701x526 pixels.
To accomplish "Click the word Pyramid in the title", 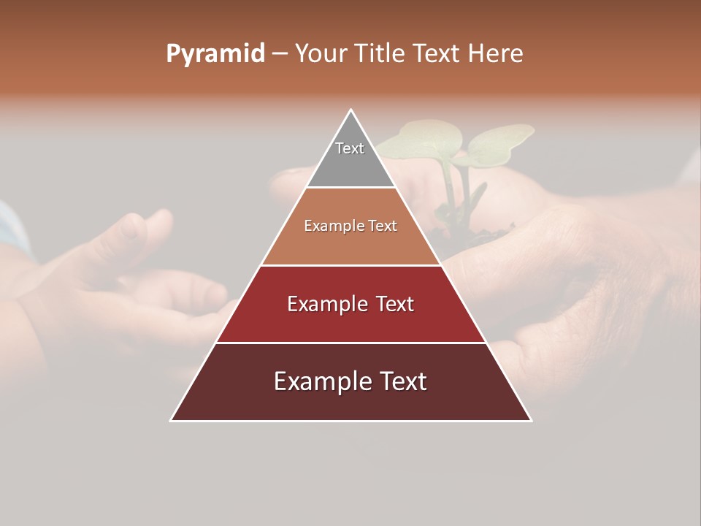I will point(215,54).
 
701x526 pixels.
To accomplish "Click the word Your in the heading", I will point(321,54).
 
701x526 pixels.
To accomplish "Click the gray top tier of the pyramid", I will point(350,164).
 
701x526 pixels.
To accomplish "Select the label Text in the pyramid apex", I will point(350,148).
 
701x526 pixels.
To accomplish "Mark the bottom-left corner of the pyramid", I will point(172,420).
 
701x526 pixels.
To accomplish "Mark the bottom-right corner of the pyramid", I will point(531,420).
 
